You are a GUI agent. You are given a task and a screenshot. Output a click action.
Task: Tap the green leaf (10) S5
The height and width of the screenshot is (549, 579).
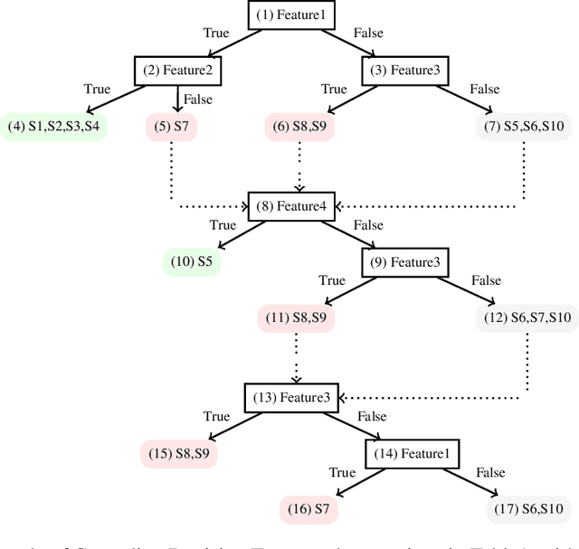point(193,262)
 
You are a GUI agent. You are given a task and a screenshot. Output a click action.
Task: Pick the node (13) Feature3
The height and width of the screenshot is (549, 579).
point(291,396)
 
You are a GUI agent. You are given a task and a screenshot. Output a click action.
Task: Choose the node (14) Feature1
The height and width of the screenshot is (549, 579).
point(411,452)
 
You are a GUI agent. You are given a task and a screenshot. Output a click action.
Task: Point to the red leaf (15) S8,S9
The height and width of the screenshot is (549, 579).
point(178,452)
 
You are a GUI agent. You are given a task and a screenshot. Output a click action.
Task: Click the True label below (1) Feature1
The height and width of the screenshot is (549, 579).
point(216,33)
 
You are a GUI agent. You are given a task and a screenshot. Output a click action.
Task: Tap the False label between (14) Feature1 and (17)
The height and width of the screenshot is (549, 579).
point(489,472)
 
